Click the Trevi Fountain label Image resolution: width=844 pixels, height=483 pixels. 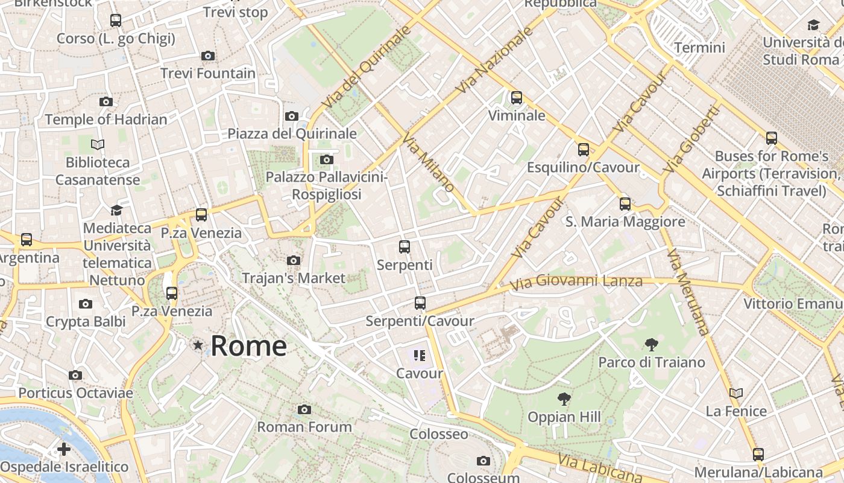[208, 74]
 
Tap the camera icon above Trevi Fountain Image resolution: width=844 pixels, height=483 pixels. [208, 56]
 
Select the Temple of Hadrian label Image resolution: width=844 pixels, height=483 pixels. [106, 120]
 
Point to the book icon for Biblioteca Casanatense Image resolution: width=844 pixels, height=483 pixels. [98, 144]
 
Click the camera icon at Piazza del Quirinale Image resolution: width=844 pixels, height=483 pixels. [292, 116]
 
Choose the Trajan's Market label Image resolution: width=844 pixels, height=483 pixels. [294, 278]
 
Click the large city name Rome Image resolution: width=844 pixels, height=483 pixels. [248, 346]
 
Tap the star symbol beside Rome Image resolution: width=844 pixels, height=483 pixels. [198, 345]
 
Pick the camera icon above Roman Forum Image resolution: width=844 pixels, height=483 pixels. [304, 410]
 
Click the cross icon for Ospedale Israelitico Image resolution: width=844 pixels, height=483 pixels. [64, 449]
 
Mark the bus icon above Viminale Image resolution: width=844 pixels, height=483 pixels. [517, 98]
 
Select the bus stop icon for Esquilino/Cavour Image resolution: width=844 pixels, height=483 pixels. [583, 150]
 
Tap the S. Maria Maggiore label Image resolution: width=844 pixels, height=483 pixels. [625, 222]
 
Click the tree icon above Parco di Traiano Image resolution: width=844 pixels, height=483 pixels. [651, 345]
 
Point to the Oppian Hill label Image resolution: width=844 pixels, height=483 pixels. [564, 417]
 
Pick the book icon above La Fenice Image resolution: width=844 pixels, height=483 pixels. [736, 394]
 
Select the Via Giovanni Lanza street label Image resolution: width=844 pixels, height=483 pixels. [576, 282]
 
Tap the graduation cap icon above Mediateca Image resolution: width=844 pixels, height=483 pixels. [116, 210]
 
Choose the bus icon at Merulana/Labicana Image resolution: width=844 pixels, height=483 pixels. [758, 454]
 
